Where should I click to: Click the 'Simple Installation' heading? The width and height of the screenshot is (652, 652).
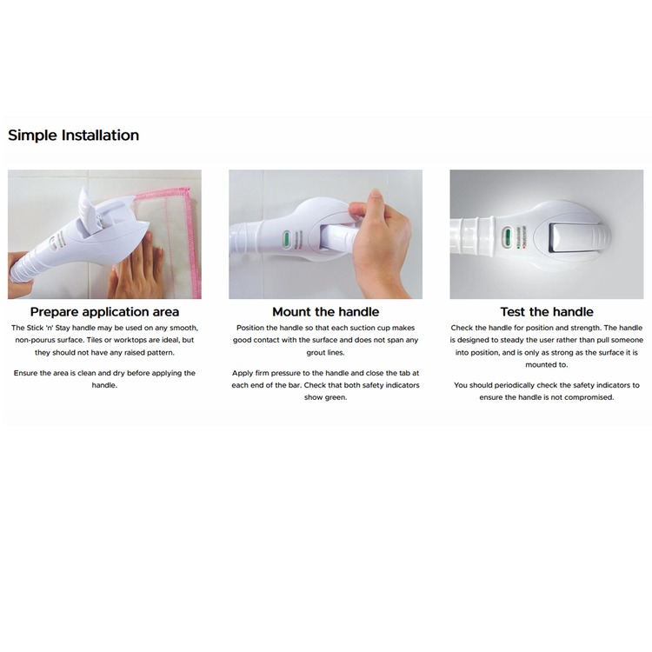click(x=74, y=136)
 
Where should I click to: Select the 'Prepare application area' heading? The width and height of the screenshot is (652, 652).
click(x=104, y=312)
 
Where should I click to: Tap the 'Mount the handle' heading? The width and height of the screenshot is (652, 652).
click(x=326, y=312)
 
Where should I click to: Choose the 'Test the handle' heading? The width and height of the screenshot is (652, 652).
click(x=547, y=312)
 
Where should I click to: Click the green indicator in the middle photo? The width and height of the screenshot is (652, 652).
click(x=287, y=240)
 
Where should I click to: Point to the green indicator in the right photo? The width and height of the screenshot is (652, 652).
click(x=507, y=237)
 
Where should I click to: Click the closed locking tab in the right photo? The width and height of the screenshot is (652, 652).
click(x=575, y=238)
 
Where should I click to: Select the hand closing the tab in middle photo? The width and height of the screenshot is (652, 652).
click(x=377, y=245)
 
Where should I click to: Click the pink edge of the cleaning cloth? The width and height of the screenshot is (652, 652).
click(x=194, y=241)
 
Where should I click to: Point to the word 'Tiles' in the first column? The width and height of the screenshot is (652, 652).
click(x=95, y=340)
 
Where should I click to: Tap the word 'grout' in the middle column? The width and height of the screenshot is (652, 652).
click(x=316, y=353)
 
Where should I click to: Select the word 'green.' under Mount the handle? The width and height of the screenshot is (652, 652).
click(x=336, y=397)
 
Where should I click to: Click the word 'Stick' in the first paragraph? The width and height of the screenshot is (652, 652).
click(x=35, y=328)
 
